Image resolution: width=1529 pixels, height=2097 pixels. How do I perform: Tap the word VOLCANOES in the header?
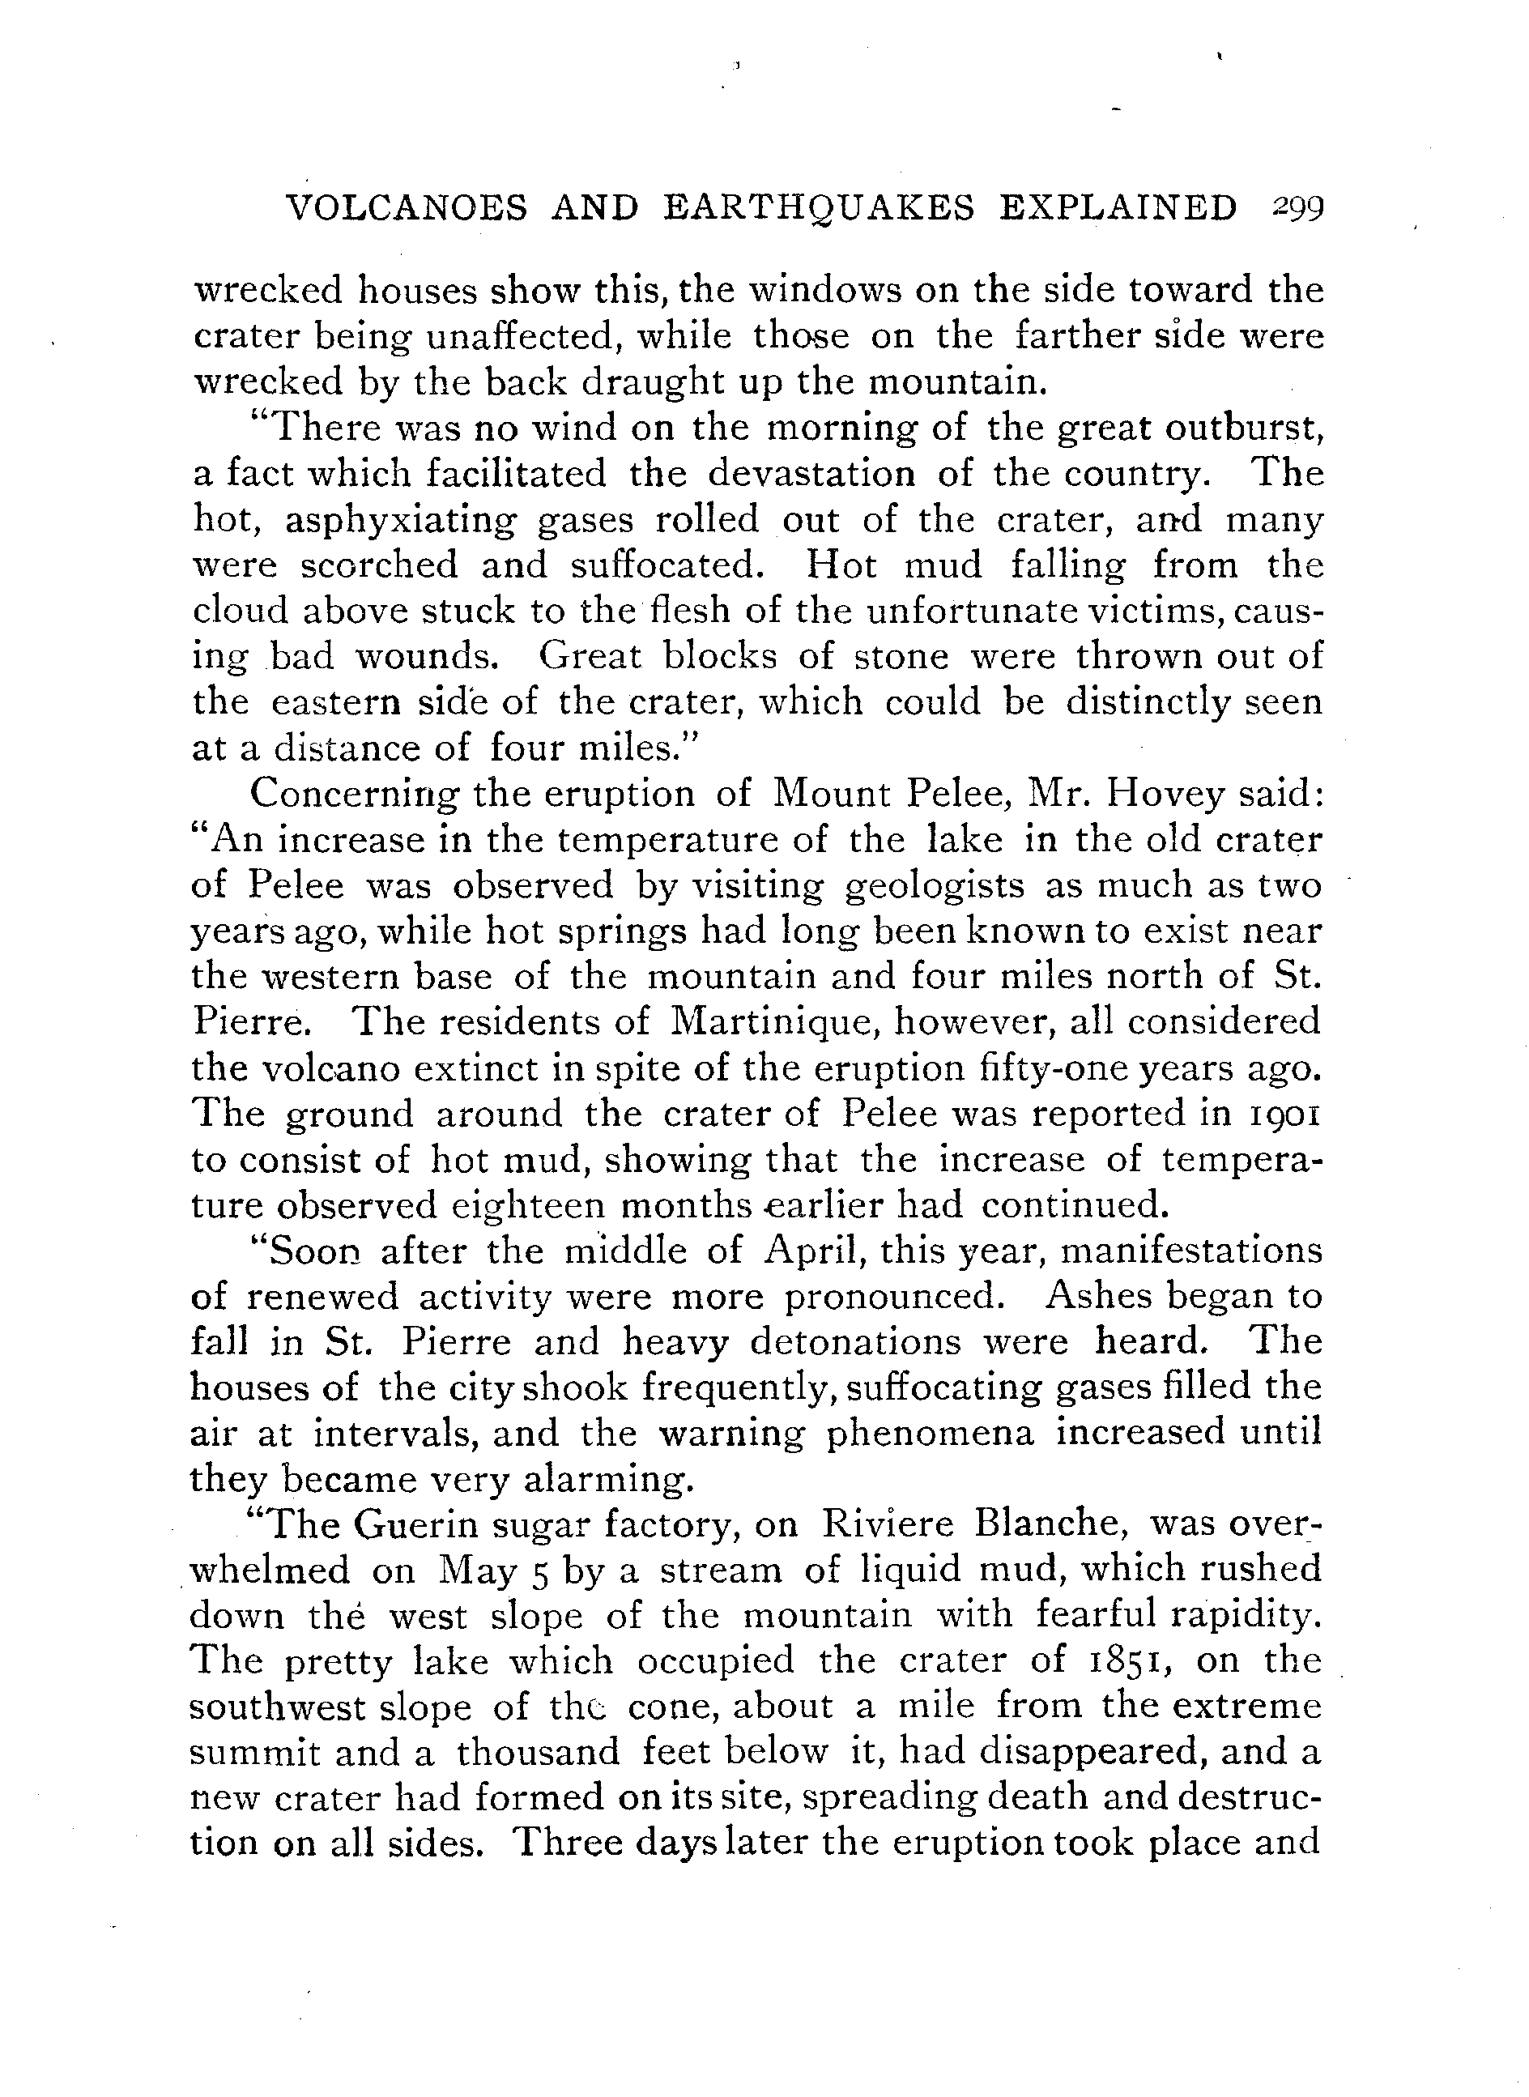coord(407,208)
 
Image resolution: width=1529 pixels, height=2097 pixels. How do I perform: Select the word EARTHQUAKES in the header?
coord(819,208)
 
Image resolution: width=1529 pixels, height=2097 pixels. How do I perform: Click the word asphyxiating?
coord(400,521)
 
